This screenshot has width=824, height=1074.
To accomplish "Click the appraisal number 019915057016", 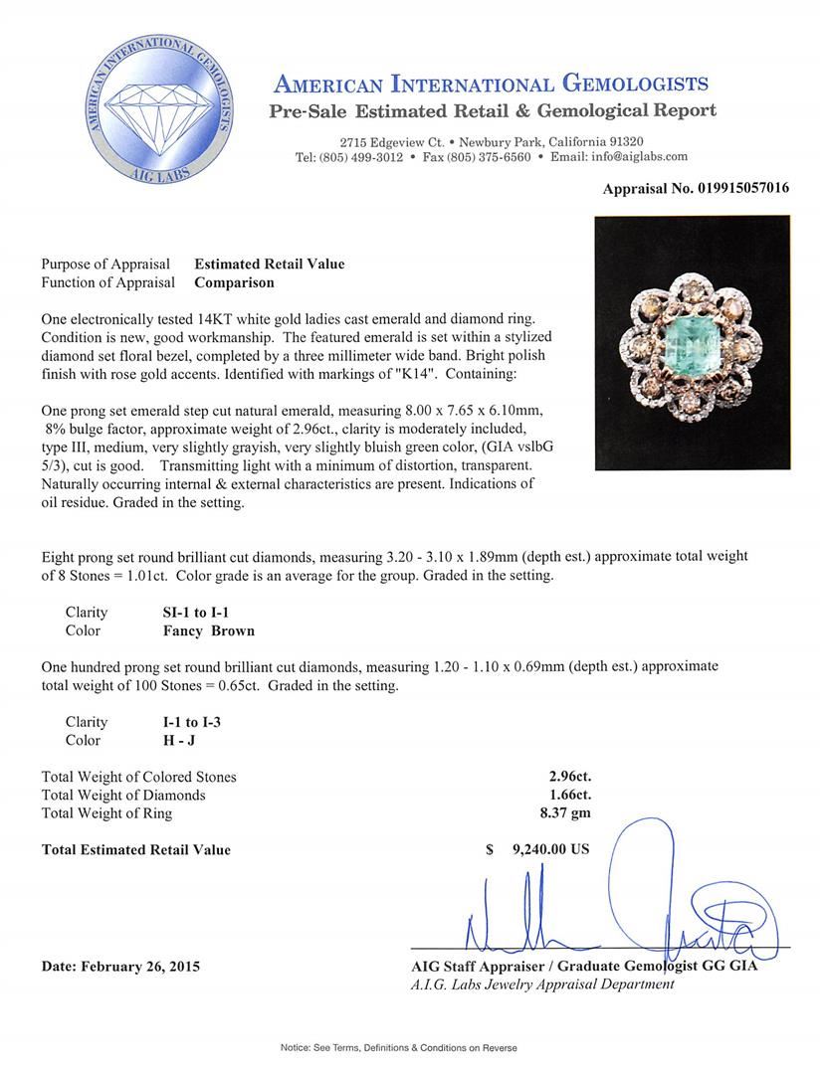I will tap(736, 188).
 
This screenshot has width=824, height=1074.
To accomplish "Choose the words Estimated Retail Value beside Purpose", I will tap(270, 264).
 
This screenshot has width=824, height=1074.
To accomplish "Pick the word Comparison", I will tap(234, 282).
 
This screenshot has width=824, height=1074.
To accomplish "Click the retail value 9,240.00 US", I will tap(550, 849).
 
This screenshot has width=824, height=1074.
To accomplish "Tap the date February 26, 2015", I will tap(120, 966).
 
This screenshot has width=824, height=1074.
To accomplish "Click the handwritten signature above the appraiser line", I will tap(617, 915).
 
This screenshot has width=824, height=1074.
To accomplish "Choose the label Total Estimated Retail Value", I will tap(136, 849).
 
